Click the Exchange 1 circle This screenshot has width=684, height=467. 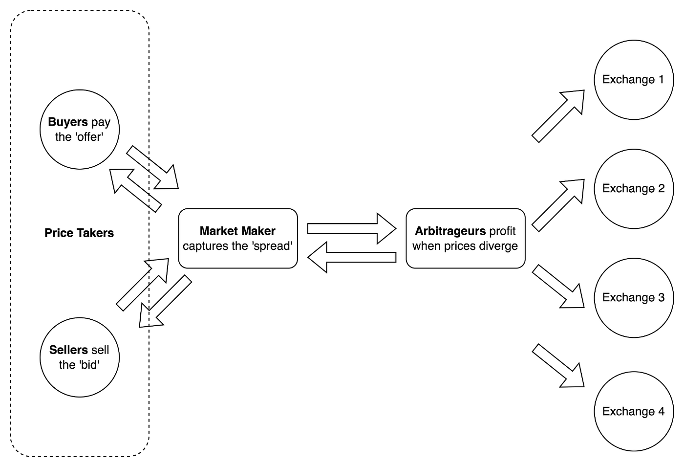tap(634, 80)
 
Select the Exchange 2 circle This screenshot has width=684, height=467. tap(634, 189)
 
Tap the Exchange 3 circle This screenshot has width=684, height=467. tap(634, 298)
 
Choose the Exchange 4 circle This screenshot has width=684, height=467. tap(634, 411)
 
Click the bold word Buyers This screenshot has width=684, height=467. tap(68, 122)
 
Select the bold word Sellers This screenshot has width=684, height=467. tap(68, 350)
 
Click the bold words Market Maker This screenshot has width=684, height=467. tap(237, 231)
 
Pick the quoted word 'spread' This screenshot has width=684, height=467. tap(272, 246)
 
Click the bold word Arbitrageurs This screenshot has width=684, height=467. tap(450, 231)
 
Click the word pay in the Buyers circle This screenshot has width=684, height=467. tap(101, 122)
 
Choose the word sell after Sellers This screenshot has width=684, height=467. tap(100, 350)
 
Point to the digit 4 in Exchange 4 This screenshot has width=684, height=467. tap(661, 411)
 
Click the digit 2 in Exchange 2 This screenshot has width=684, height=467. tap(661, 189)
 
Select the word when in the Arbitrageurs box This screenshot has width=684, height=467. tap(427, 246)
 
